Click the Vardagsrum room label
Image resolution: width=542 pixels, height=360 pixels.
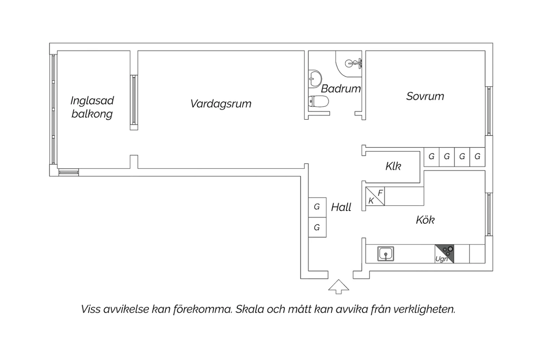click(x=221, y=104)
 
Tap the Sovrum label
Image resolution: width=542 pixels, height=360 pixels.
click(x=425, y=97)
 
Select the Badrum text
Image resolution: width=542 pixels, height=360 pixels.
click(x=341, y=89)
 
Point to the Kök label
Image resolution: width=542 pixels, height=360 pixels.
click(x=425, y=220)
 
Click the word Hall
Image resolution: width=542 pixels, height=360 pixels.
click(x=341, y=207)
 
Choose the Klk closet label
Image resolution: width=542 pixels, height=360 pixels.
click(x=393, y=166)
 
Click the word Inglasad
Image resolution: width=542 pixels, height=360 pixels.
click(x=92, y=101)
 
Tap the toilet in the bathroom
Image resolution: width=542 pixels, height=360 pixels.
click(x=318, y=101)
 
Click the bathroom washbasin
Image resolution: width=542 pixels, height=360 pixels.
click(x=315, y=78)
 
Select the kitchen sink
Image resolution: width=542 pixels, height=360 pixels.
click(x=386, y=254)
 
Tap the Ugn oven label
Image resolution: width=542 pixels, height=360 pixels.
click(x=441, y=259)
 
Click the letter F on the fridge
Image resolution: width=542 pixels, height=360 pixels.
click(x=380, y=193)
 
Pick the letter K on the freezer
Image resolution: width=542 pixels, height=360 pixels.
click(x=371, y=201)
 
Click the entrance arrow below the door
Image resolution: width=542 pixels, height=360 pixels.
click(x=339, y=287)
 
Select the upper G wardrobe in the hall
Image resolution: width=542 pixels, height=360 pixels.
click(x=317, y=207)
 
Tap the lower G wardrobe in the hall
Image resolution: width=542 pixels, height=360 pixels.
click(x=317, y=227)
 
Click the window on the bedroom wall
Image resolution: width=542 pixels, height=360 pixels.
click(x=489, y=111)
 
